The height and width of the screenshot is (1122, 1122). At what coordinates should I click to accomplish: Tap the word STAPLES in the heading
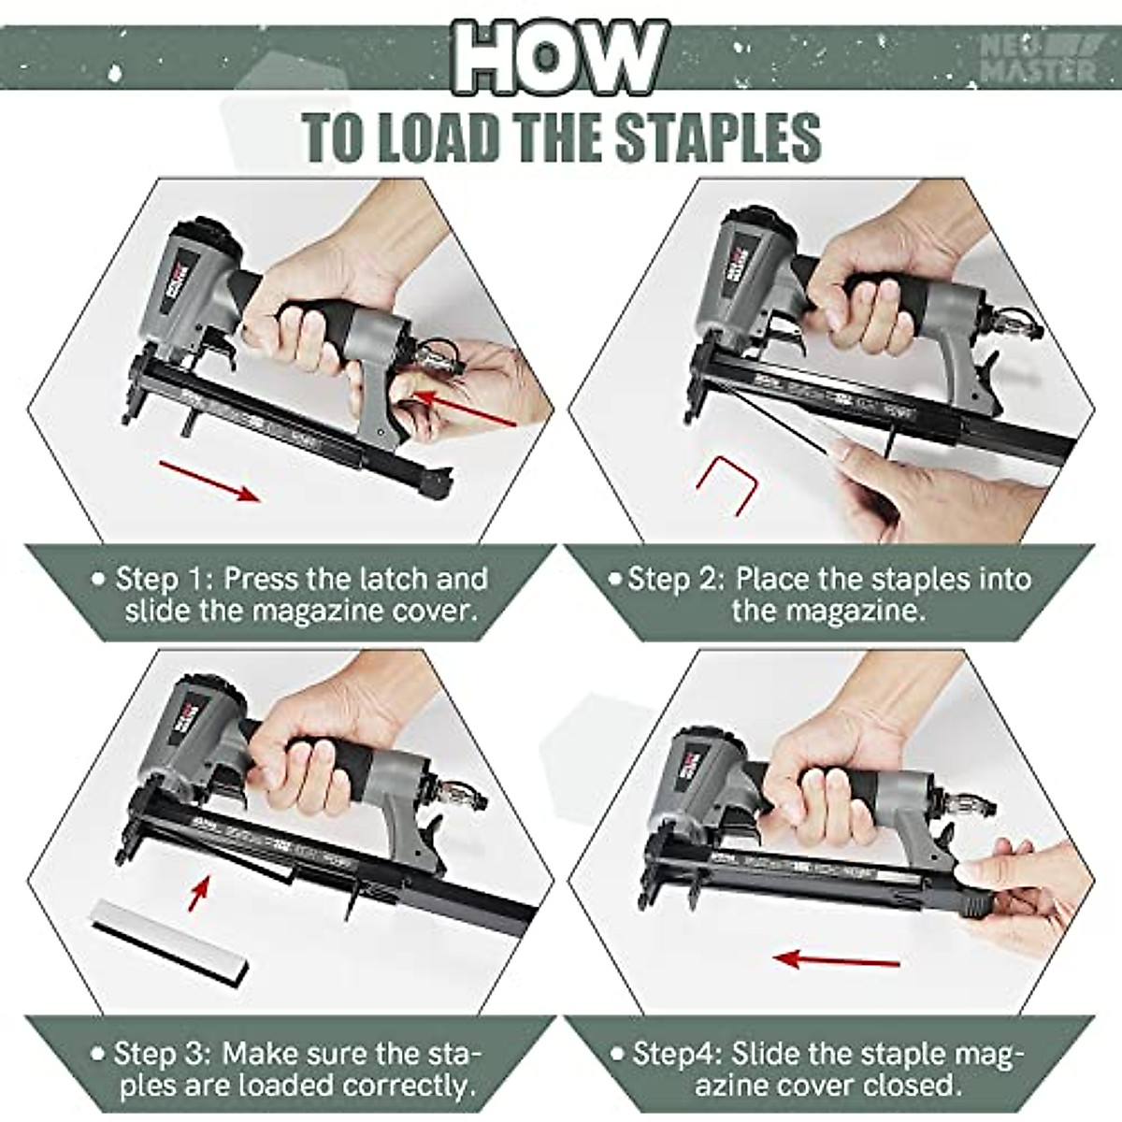[716, 138]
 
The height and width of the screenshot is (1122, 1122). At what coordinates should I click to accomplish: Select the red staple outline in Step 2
[725, 482]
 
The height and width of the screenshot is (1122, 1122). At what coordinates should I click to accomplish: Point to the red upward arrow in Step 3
[197, 891]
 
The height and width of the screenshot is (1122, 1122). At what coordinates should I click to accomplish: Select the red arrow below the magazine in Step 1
[209, 479]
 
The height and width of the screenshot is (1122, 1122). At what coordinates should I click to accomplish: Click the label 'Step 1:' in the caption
[164, 579]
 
